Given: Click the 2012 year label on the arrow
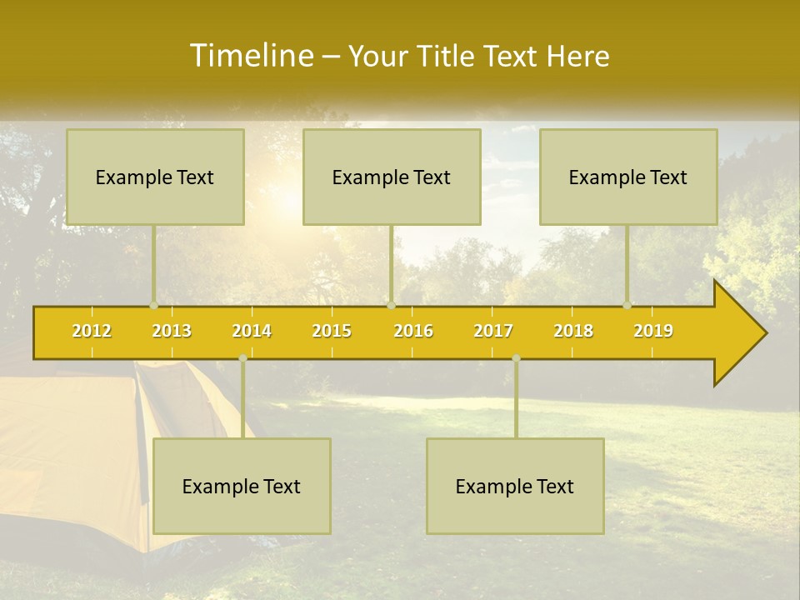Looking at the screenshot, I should pyautogui.click(x=92, y=331).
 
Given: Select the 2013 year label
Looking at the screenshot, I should pyautogui.click(x=172, y=331).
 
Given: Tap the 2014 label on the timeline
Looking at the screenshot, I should pyautogui.click(x=252, y=331).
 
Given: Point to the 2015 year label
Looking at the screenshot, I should pyautogui.click(x=332, y=331).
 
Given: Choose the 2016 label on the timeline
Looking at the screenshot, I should pyautogui.click(x=413, y=331).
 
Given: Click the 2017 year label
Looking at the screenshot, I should pyautogui.click(x=493, y=331).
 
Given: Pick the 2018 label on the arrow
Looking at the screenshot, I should pyautogui.click(x=573, y=331).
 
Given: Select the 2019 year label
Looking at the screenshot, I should pyautogui.click(x=653, y=331).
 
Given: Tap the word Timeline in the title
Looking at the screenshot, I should pyautogui.click(x=250, y=56).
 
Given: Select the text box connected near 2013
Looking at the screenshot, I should pyautogui.click(x=155, y=177).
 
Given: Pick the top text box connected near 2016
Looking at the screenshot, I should pyautogui.click(x=392, y=177).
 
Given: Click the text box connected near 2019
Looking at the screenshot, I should pyautogui.click(x=628, y=177).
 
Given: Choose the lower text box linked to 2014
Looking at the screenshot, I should pyautogui.click(x=242, y=486).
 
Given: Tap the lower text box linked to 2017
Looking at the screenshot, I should pyautogui.click(x=515, y=486).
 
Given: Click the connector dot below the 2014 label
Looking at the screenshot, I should pyautogui.click(x=242, y=358).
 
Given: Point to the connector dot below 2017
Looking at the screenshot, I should pyautogui.click(x=516, y=358).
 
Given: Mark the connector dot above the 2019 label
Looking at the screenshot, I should pyautogui.click(x=627, y=305).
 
